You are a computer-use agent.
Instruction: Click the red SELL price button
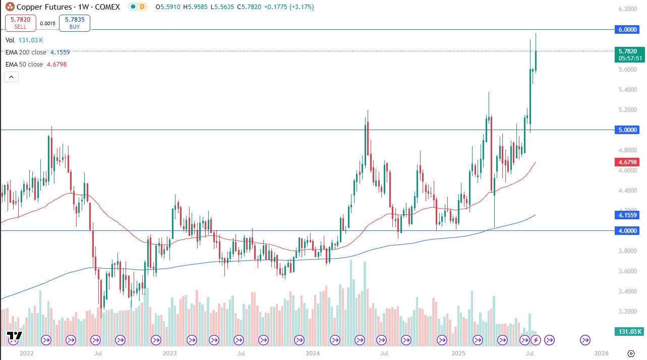pos(21,23)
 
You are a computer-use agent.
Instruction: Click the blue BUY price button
pos(75,23)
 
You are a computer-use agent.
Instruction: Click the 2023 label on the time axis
pos(169,353)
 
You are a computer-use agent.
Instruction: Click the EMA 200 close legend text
pos(26,52)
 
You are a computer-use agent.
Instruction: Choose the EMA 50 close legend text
pos(24,65)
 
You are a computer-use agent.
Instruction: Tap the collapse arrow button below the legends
pos(12,77)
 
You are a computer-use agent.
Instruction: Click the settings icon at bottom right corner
pos(631,353)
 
